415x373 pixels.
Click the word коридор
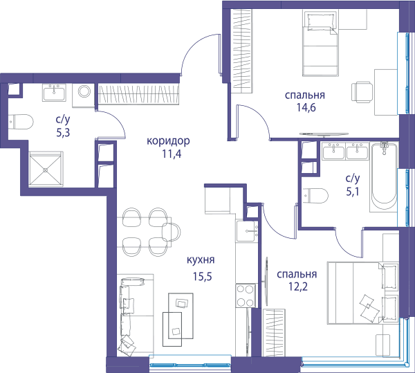168,141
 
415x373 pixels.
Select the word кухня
201,260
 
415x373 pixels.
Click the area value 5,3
63,132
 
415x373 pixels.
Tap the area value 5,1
353,191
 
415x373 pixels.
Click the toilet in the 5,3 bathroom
21,122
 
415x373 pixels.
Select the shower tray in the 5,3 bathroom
46,169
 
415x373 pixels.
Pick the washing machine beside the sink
84,95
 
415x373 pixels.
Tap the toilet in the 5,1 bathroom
315,196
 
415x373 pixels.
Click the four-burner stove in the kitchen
246,295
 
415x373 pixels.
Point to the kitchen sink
248,231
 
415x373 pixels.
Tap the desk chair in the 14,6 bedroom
362,92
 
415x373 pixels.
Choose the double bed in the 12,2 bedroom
362,293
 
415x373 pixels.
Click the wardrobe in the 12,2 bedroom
275,332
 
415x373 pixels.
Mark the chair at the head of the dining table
172,232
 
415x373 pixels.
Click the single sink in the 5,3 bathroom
54,93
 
